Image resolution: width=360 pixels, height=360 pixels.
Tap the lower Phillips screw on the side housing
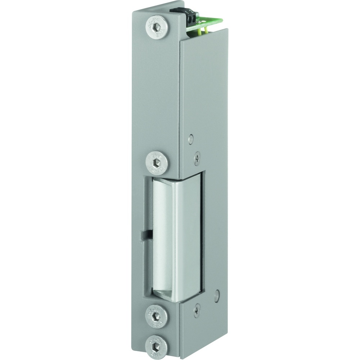point(197,310)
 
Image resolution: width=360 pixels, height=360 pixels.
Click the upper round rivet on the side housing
point(191,138)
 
